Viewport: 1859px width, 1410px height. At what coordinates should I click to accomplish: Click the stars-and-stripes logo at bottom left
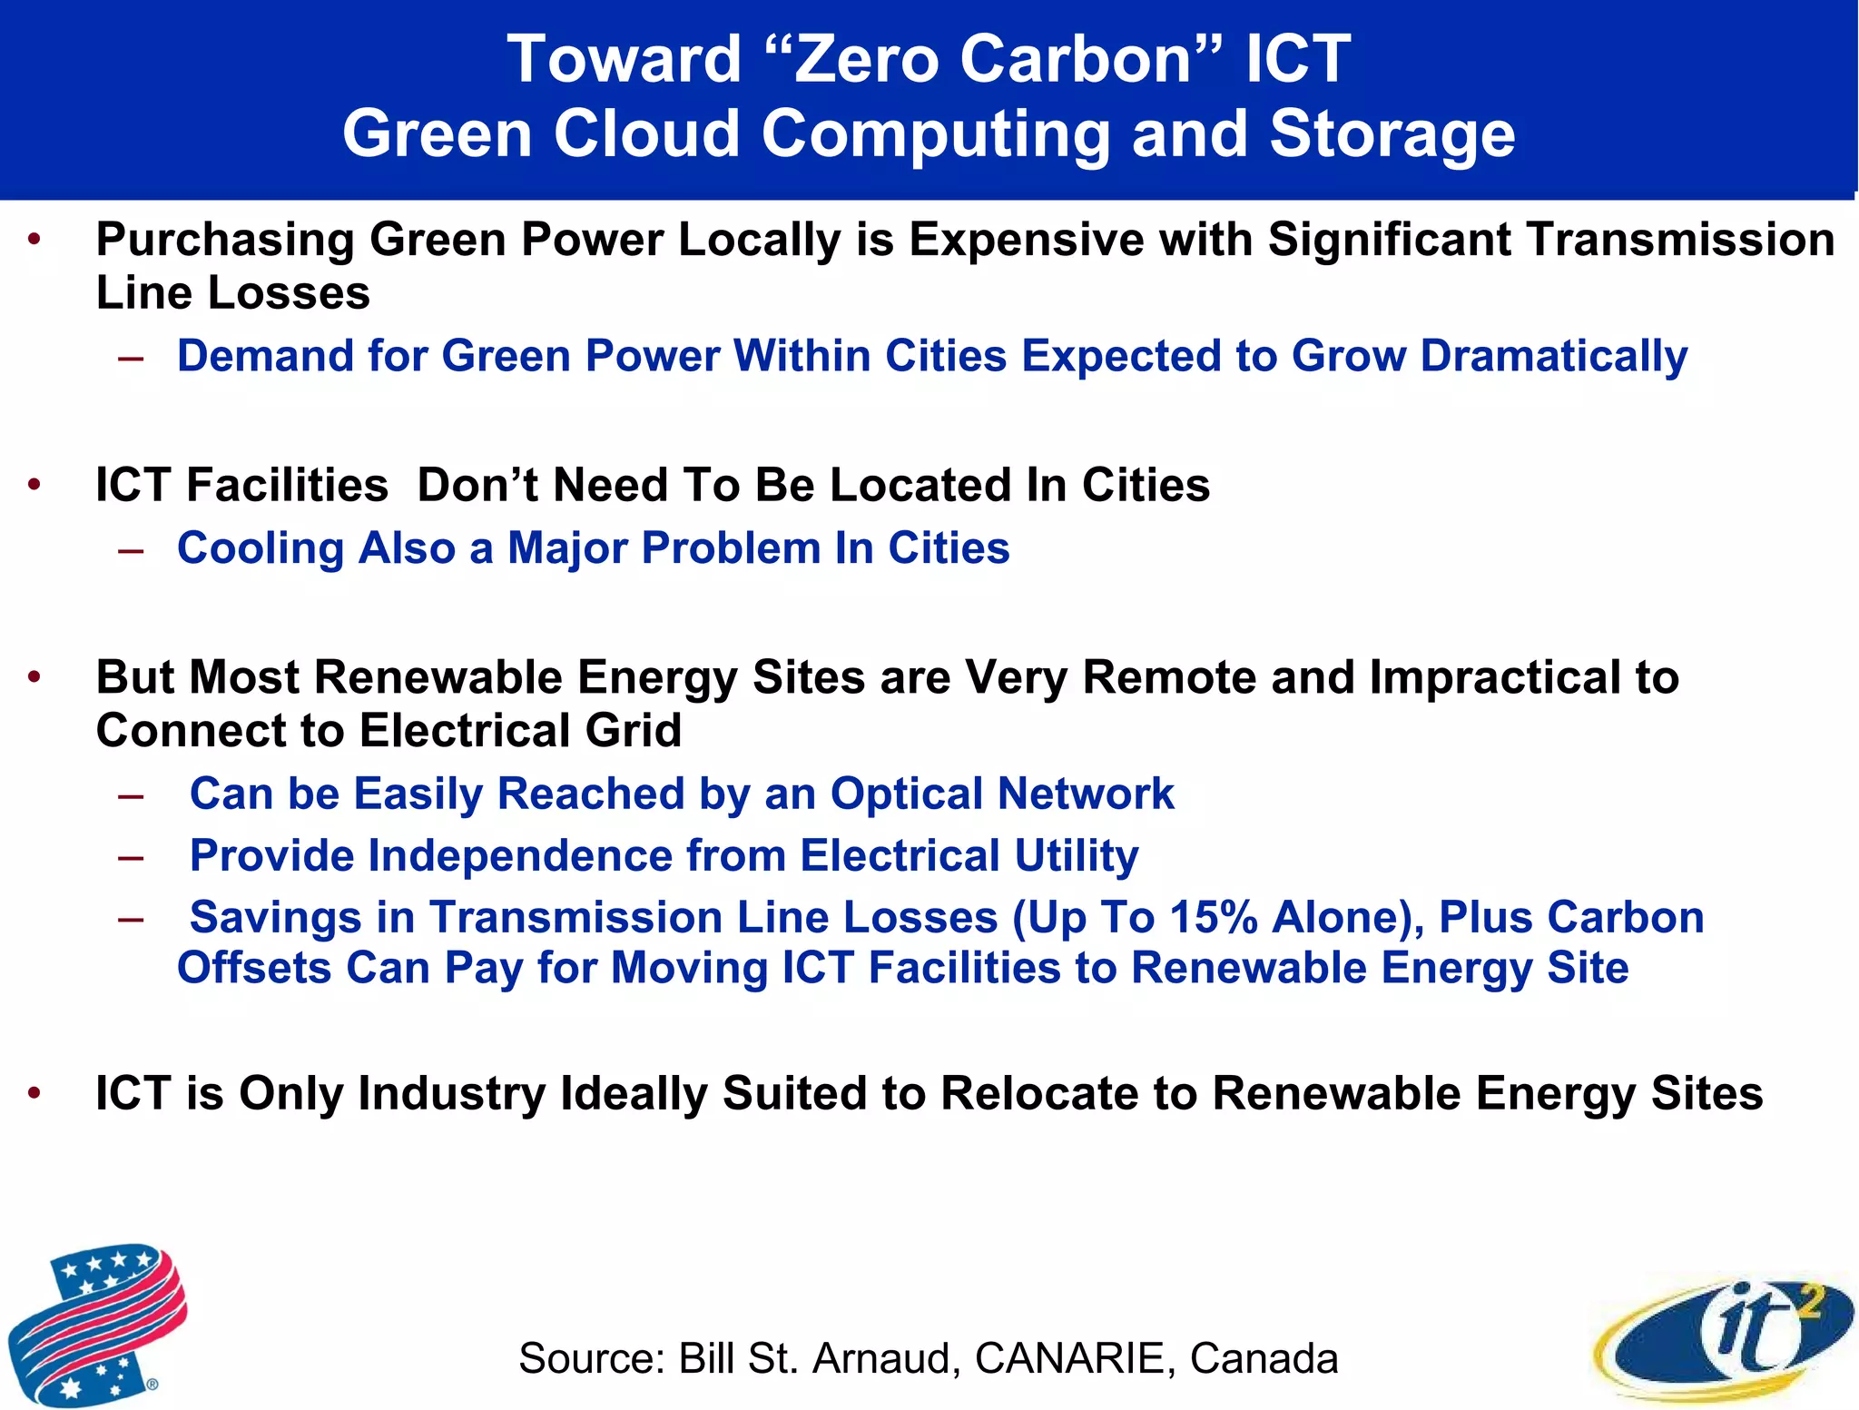pos(97,1323)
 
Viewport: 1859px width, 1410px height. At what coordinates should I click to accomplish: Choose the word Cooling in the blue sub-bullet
pos(261,548)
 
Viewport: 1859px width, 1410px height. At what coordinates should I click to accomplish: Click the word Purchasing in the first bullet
pos(225,241)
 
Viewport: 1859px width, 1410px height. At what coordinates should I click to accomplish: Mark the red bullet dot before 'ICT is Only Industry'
pos(34,1092)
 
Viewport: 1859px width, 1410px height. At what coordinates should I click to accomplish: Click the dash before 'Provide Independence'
pos(131,856)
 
